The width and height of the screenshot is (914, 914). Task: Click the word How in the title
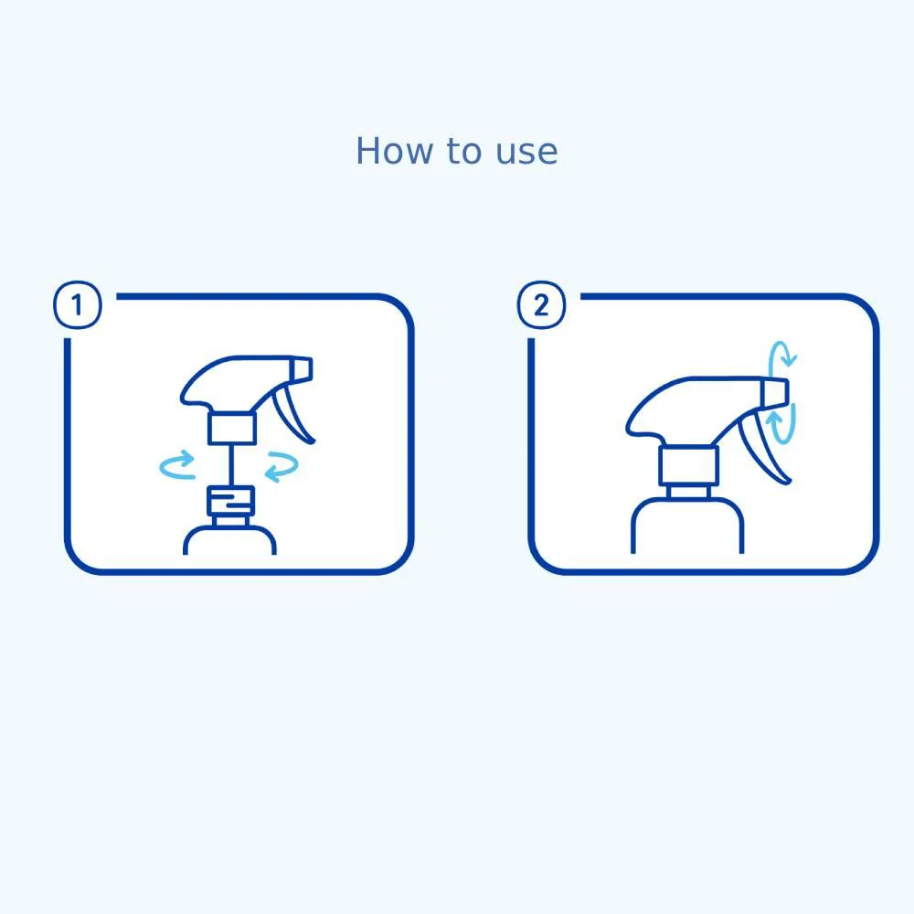pos(385,151)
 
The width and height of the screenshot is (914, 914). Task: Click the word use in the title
pos(527,152)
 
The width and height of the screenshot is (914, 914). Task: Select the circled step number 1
pos(78,305)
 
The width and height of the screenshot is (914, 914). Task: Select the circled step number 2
pos(541,305)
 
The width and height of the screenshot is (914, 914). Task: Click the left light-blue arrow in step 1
pos(177,465)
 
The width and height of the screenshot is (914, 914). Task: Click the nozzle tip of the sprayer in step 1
pos(303,368)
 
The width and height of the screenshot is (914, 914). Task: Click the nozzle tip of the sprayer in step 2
pos(776,390)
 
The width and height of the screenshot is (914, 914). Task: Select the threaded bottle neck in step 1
pos(228,503)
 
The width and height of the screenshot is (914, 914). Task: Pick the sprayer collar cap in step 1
pos(232,428)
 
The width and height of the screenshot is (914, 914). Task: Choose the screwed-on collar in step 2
pos(687,467)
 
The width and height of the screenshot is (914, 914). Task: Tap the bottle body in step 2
pos(687,530)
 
